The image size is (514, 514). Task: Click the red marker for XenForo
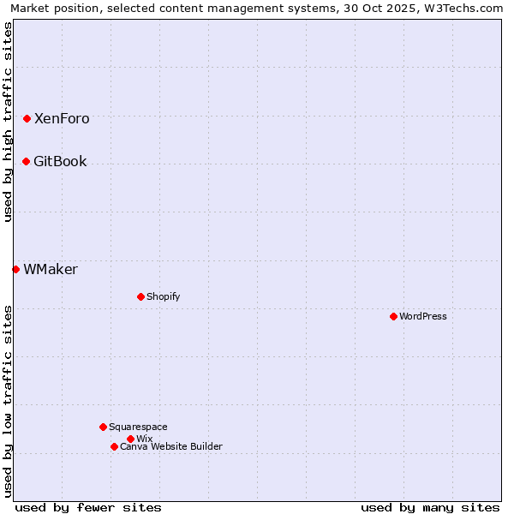tap(27, 118)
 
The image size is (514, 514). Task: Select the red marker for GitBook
tap(26, 161)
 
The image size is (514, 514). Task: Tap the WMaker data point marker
tap(15, 269)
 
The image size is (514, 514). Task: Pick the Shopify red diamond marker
tap(140, 296)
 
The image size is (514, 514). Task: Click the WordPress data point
tap(393, 316)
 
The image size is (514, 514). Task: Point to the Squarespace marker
tap(103, 427)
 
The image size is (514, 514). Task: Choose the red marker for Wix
tap(130, 439)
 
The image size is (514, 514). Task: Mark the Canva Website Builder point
tap(114, 446)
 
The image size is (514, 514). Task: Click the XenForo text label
tap(62, 119)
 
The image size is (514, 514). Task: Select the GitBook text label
tap(60, 162)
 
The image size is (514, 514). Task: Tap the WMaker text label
tap(51, 270)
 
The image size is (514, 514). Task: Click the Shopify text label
tap(163, 297)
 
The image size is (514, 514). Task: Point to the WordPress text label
tap(423, 317)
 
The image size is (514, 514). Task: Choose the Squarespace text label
tap(138, 427)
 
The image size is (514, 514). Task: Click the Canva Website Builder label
tap(171, 447)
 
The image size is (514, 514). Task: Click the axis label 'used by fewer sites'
tap(88, 507)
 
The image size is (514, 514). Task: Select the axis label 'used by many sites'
tap(430, 507)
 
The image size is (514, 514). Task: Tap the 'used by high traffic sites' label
tap(8, 123)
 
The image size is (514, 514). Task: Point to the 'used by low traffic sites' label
tap(8, 401)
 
